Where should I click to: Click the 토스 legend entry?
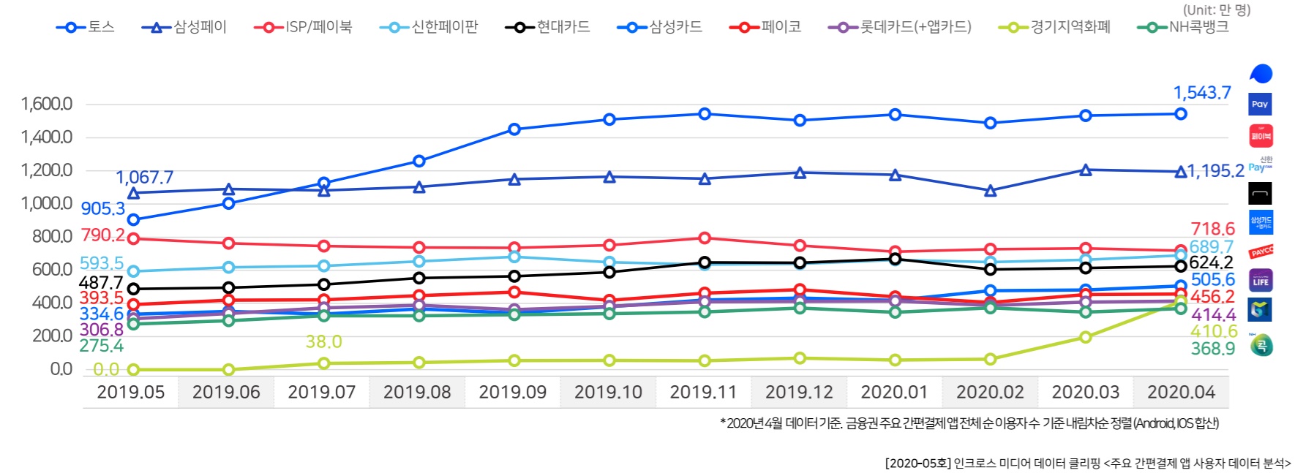click(x=86, y=27)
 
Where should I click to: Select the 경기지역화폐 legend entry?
click(x=1055, y=27)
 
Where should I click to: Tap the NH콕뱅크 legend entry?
click(x=1184, y=27)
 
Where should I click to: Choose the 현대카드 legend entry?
click(x=548, y=27)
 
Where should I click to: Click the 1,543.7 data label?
click(x=1201, y=93)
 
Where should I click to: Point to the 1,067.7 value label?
click(x=144, y=178)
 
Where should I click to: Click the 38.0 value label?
click(x=323, y=341)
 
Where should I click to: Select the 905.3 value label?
click(x=102, y=209)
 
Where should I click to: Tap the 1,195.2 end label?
click(x=1215, y=171)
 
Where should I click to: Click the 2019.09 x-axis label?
click(x=512, y=393)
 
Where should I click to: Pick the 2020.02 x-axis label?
click(x=990, y=393)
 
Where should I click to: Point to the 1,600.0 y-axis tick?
click(x=47, y=104)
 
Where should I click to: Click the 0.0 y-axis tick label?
click(x=61, y=369)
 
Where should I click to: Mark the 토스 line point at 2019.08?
click(x=419, y=161)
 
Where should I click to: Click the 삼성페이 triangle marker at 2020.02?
click(x=990, y=191)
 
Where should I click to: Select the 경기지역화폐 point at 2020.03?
click(x=1086, y=337)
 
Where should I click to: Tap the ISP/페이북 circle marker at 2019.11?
click(x=705, y=238)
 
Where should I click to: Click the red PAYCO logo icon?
click(x=1261, y=252)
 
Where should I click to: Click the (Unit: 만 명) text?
click(x=1217, y=10)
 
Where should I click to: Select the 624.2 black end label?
click(x=1211, y=262)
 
